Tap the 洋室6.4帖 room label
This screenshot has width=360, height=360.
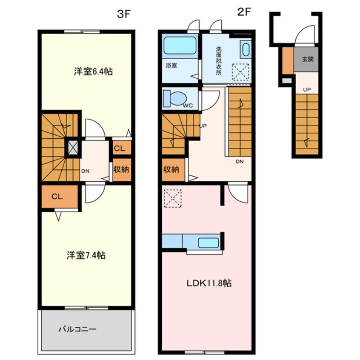pos(93,72)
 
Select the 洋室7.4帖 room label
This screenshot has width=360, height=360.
pos(86,256)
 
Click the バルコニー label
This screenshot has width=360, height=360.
pos(77,329)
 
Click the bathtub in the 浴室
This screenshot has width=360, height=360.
pos(179,45)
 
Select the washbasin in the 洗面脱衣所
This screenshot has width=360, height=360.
pos(246,50)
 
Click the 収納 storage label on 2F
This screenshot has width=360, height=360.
pos(171,169)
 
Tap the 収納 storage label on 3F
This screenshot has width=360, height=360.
pos(121,169)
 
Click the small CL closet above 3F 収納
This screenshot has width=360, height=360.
pos(120,148)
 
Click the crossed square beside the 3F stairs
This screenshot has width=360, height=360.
pos(73,147)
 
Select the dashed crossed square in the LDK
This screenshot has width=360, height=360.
pos(173,198)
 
